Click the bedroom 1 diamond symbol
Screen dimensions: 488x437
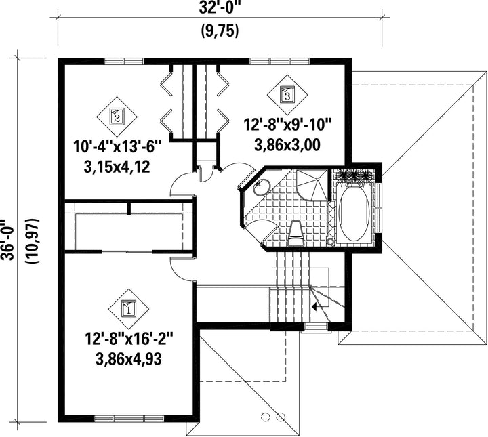pyautogui.click(x=129, y=309)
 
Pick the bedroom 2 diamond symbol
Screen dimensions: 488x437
pyautogui.click(x=117, y=117)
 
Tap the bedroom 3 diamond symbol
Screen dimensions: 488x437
pyautogui.click(x=287, y=94)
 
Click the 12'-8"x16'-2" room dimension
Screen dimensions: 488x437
pyautogui.click(x=129, y=339)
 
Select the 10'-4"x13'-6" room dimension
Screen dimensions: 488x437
pyautogui.click(x=118, y=146)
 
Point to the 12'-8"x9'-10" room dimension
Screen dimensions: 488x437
pyautogui.click(x=287, y=125)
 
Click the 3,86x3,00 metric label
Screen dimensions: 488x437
pyautogui.click(x=287, y=145)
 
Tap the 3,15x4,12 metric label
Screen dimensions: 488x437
pyautogui.click(x=117, y=167)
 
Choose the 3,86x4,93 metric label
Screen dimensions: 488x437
pyautogui.click(x=129, y=360)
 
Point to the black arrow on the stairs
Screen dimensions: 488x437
pyautogui.click(x=314, y=307)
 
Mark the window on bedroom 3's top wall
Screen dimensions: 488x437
pyautogui.click(x=280, y=61)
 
